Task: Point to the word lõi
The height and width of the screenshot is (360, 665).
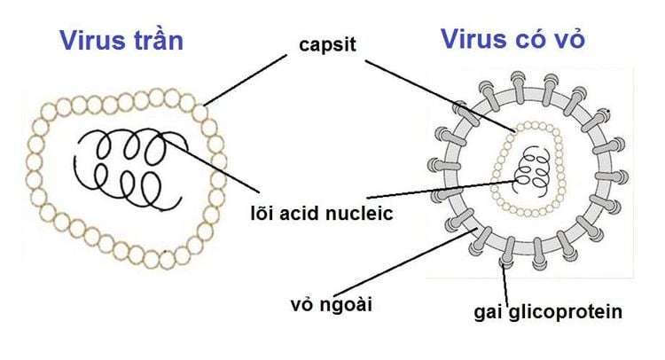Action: point(265,213)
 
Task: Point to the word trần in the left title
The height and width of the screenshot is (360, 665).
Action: point(160,41)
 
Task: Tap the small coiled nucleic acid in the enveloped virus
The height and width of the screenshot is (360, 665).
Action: point(533,165)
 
